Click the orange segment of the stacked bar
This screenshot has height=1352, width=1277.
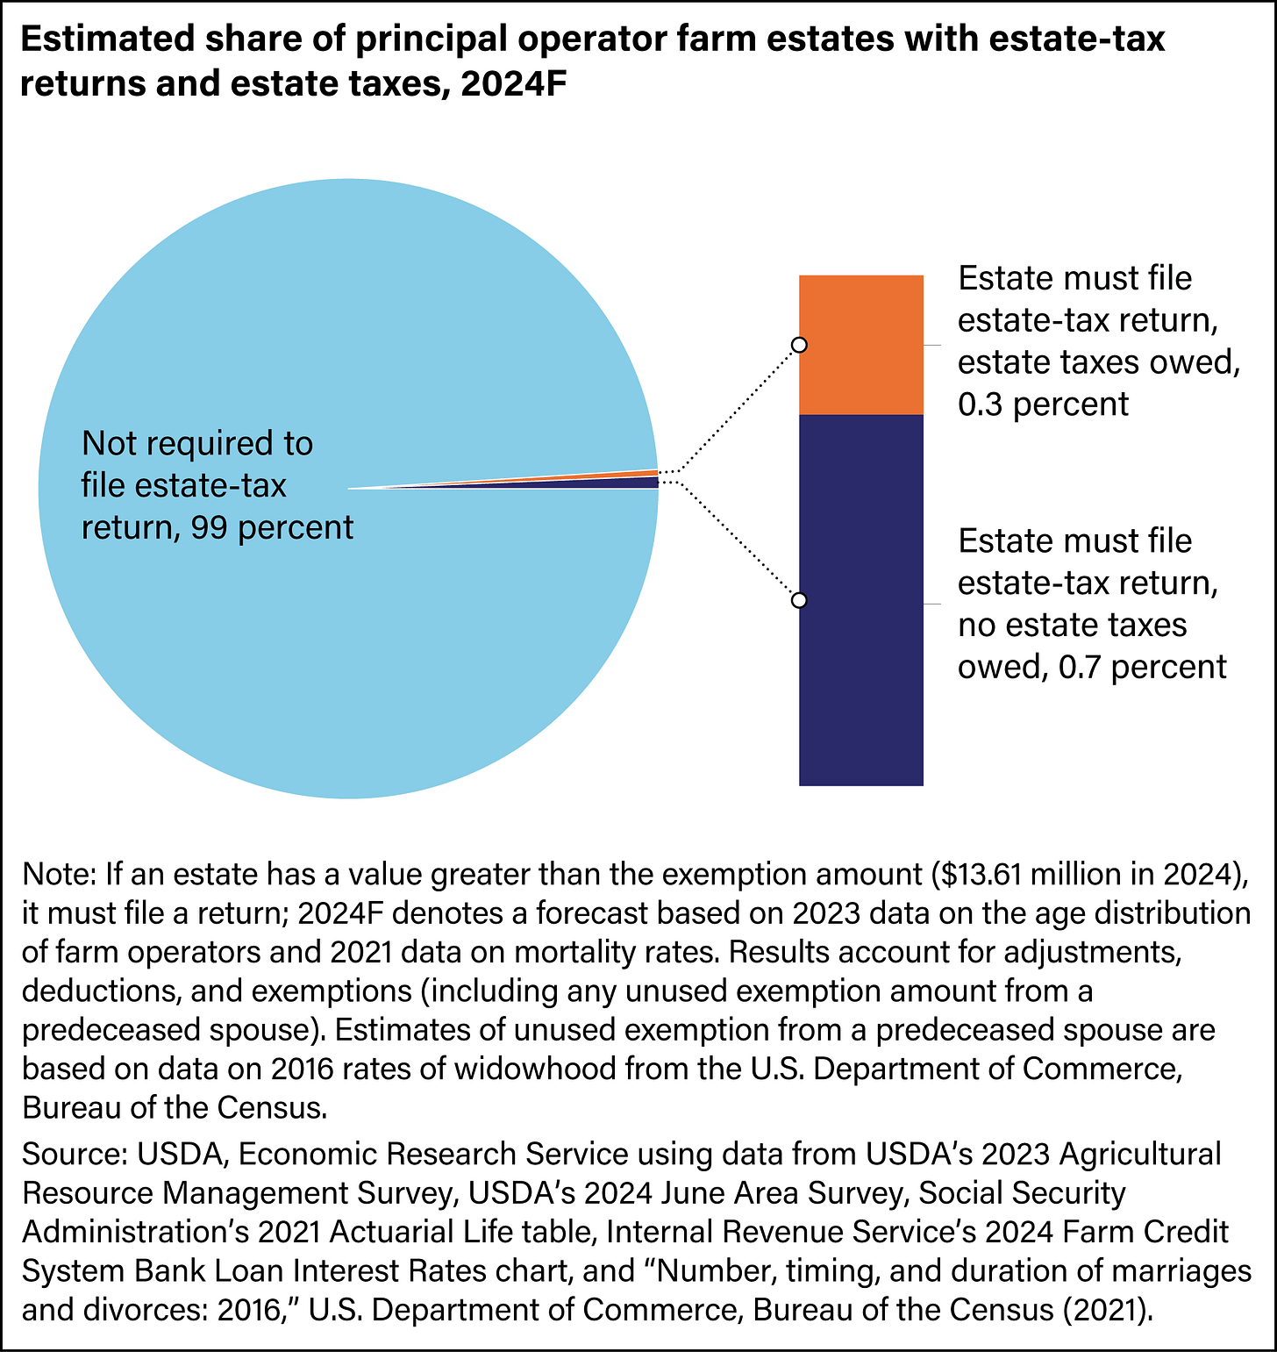point(860,345)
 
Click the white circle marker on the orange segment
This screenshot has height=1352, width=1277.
point(799,345)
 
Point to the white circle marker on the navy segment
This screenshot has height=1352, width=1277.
point(799,600)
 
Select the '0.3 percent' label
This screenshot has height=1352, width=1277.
point(1043,404)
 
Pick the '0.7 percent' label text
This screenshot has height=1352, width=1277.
point(1142,667)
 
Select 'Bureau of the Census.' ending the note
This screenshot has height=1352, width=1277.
point(175,1107)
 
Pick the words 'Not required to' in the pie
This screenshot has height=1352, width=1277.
point(196,444)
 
